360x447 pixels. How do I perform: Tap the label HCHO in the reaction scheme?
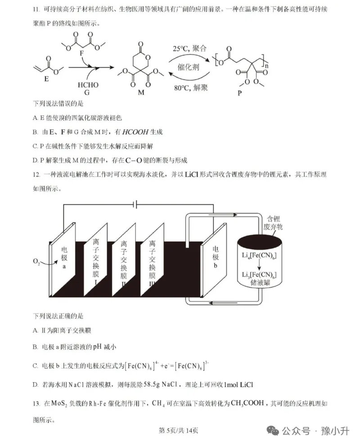tap(88, 84)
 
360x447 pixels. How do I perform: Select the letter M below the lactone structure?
tap(141, 92)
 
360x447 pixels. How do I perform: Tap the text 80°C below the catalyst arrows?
tap(181, 88)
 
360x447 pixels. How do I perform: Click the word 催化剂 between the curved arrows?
tap(188, 68)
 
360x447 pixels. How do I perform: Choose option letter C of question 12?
tap(35, 366)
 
